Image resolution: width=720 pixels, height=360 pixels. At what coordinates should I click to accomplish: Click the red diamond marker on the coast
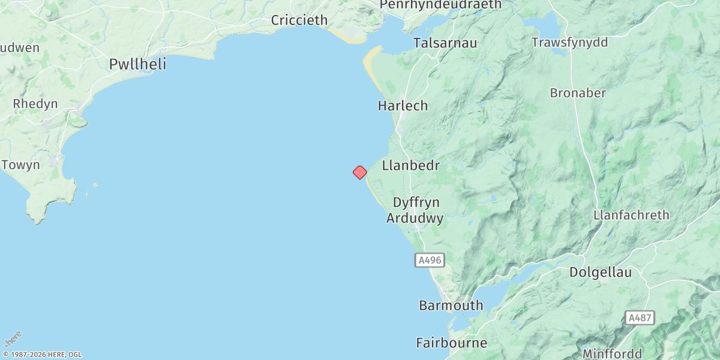click(x=359, y=172)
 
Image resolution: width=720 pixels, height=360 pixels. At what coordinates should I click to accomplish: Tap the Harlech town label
click(x=403, y=106)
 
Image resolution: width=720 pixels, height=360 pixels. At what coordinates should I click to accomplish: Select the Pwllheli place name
click(x=137, y=64)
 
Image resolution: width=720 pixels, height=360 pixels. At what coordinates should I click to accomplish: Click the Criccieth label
click(x=299, y=20)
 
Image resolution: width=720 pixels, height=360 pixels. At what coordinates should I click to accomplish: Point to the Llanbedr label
click(x=411, y=166)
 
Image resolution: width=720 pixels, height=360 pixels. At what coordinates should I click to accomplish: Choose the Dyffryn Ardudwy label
click(x=415, y=210)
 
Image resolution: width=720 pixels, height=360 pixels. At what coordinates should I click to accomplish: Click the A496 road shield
click(x=430, y=260)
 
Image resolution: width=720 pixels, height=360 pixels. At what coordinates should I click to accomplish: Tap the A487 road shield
click(x=638, y=317)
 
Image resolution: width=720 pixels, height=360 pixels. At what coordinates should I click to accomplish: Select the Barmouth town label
click(x=451, y=305)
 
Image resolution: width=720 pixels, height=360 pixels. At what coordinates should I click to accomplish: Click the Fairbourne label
click(x=451, y=343)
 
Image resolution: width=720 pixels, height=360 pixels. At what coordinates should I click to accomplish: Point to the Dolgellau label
click(x=600, y=272)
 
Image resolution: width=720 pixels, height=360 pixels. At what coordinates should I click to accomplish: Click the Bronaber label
click(x=578, y=93)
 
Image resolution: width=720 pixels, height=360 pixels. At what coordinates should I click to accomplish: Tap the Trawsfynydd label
click(x=570, y=43)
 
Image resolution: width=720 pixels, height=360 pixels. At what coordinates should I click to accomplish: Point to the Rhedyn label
click(x=35, y=104)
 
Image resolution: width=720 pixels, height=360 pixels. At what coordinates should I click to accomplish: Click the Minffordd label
click(x=612, y=353)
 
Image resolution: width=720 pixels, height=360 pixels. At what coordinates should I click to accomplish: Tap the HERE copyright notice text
click(x=41, y=355)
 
